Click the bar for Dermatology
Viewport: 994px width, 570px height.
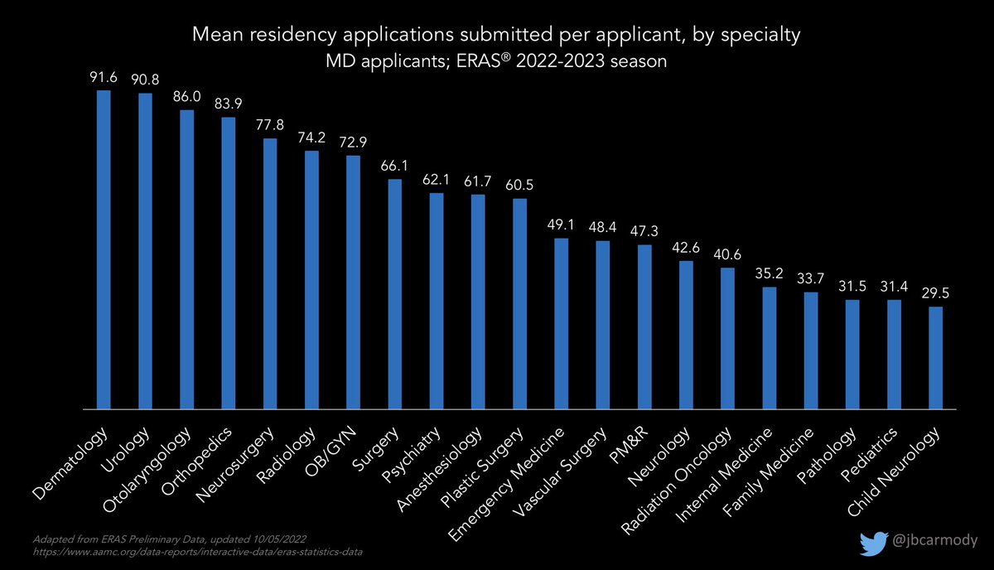[104, 249]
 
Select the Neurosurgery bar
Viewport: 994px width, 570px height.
[270, 273]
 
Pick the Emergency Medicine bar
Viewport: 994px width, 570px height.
[562, 323]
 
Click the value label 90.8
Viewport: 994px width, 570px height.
[145, 80]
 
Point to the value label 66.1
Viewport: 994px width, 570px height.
[395, 166]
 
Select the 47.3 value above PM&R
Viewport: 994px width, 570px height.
[645, 232]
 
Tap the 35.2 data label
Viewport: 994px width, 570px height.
[770, 273]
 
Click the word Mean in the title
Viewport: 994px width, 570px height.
[212, 36]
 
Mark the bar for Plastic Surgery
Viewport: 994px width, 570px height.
[520, 303]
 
